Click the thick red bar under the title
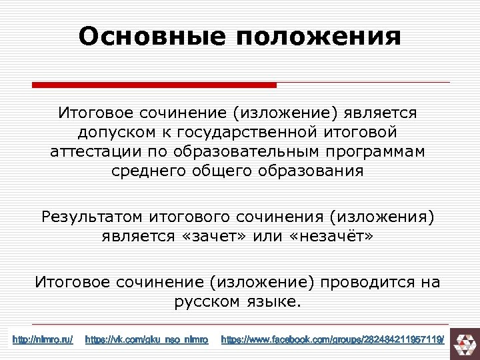tap(154, 85)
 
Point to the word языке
tap(273, 302)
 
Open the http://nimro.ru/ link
tap(43, 340)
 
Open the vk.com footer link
tap(147, 340)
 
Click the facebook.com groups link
tap(332, 340)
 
